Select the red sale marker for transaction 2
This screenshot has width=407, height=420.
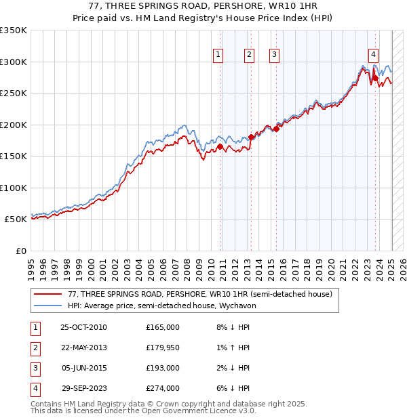[x=251, y=137]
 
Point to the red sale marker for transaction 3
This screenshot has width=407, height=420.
[x=276, y=129]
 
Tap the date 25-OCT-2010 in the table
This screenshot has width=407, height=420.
[x=84, y=327]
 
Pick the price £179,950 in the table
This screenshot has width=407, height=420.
[x=162, y=348]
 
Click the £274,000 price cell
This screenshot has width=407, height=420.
[x=162, y=388]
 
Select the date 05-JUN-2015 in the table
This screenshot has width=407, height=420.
[x=84, y=368]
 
